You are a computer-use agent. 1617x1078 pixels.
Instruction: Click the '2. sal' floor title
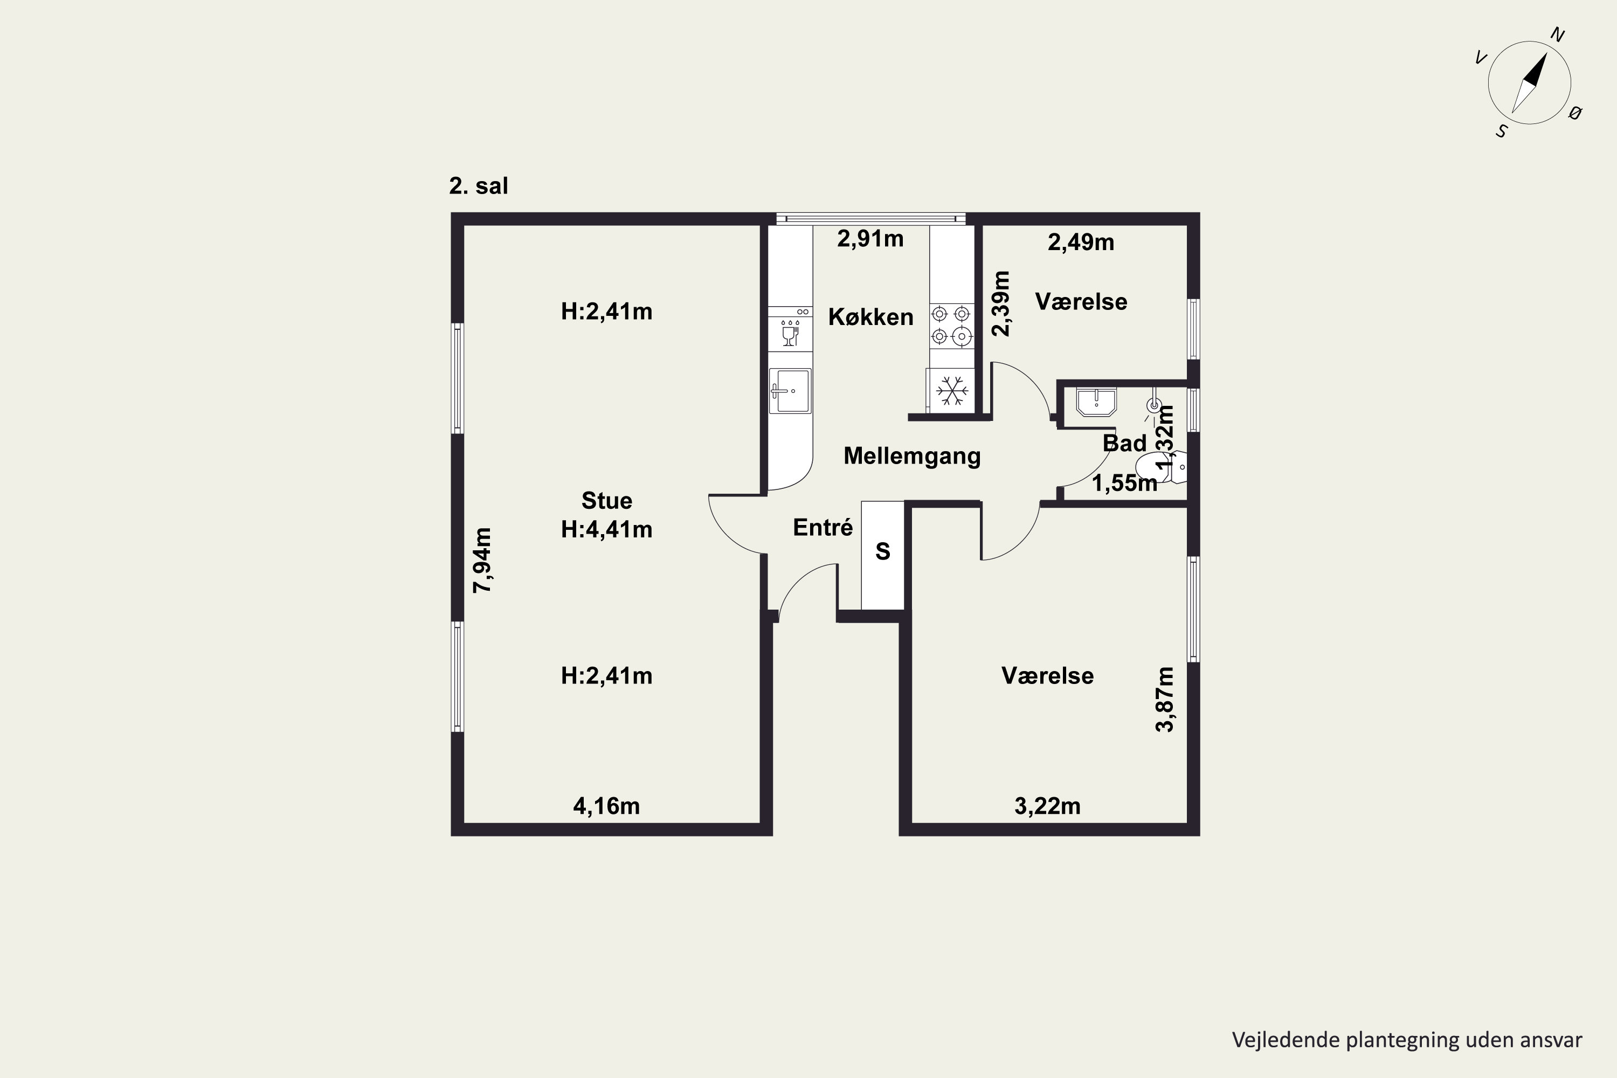click(479, 185)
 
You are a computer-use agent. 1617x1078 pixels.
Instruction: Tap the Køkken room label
click(870, 317)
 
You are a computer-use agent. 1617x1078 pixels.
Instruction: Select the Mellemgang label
click(911, 457)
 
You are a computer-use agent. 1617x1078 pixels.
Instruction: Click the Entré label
click(823, 527)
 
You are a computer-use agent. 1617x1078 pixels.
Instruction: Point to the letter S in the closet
click(883, 551)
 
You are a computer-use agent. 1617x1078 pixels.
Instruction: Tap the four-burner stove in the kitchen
click(951, 325)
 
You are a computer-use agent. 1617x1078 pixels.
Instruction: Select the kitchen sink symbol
click(790, 390)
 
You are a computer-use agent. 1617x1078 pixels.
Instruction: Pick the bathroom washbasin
click(1096, 402)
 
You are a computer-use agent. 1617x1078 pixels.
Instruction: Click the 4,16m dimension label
click(606, 806)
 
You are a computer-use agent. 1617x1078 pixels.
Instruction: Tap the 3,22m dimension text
click(1048, 806)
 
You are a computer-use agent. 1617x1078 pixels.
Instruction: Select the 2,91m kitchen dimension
click(870, 239)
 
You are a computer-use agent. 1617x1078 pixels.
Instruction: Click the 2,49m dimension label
click(1081, 242)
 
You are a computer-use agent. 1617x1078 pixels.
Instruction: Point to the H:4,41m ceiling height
click(606, 529)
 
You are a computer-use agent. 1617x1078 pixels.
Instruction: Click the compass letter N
click(1558, 35)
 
